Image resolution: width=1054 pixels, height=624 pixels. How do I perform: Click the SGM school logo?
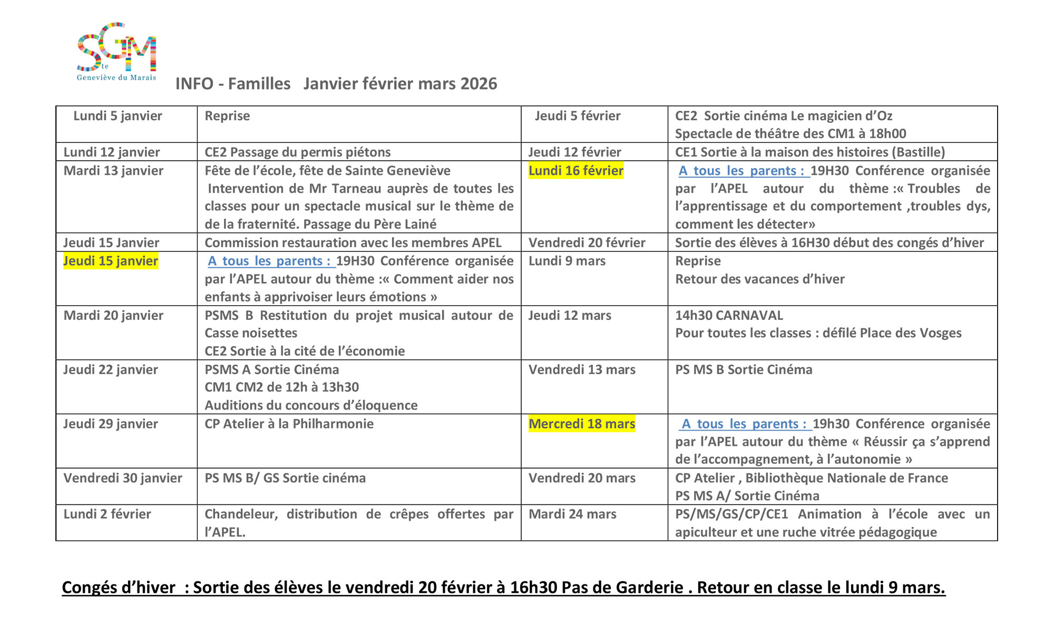click(116, 52)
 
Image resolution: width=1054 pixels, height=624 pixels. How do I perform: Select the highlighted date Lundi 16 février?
click(575, 171)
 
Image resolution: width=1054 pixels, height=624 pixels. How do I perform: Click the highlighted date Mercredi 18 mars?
click(582, 424)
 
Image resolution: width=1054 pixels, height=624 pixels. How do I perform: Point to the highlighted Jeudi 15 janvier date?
click(111, 261)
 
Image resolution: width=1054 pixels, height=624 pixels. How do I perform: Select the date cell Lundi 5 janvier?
click(118, 116)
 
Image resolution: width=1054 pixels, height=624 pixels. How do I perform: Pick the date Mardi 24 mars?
click(572, 514)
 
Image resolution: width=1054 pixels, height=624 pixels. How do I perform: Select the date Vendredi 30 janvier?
click(123, 478)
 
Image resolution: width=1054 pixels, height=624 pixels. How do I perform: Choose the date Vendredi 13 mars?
click(582, 369)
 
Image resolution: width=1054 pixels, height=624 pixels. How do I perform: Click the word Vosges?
click(940, 333)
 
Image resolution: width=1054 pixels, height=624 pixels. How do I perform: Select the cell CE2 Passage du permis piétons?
click(298, 152)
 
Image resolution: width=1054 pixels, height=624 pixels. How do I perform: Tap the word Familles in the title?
click(259, 84)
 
